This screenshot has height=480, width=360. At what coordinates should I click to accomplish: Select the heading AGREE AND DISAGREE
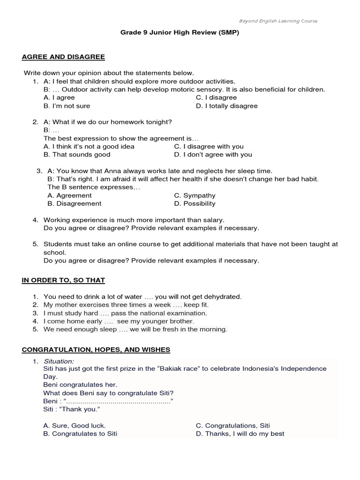[63, 57]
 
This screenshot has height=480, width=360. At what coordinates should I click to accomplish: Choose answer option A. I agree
[59, 97]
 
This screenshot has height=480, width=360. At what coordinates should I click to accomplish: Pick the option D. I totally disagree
[226, 106]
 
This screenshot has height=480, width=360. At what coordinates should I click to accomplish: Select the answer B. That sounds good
[77, 154]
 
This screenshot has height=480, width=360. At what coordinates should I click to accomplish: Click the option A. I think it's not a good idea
[89, 146]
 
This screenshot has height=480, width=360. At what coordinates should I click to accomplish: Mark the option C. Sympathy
[195, 195]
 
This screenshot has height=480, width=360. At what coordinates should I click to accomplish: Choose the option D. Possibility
[195, 203]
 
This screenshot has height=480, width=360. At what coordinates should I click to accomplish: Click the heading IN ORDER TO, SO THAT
[63, 280]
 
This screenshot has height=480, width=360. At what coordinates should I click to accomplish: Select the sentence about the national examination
[125, 313]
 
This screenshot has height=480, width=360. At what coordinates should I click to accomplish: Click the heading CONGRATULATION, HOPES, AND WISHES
[96, 350]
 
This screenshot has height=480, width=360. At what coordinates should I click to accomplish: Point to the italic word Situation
[59, 361]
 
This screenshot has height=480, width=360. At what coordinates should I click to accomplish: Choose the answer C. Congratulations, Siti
[232, 426]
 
